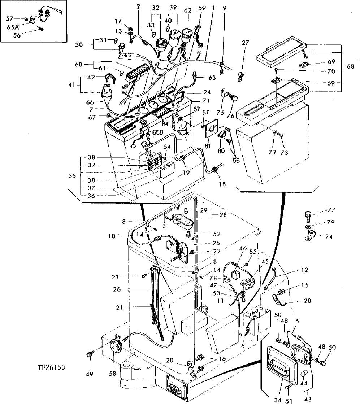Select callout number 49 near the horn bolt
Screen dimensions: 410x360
click(x=89, y=374)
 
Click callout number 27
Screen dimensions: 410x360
click(x=245, y=43)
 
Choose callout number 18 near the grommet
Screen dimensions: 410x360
click(x=223, y=184)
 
